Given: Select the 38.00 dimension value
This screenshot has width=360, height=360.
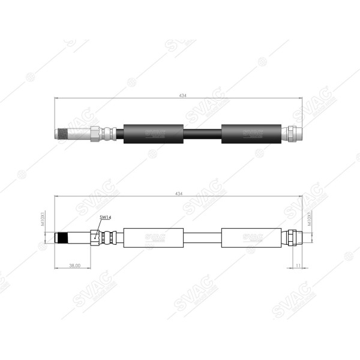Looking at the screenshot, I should pyautogui.click(x=74, y=264).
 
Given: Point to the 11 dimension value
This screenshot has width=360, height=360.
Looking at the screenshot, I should pyautogui.click(x=298, y=264).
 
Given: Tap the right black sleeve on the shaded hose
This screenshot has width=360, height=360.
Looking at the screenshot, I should pyautogui.click(x=251, y=133).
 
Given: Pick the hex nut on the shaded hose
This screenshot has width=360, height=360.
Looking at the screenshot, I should pyautogui.click(x=95, y=133).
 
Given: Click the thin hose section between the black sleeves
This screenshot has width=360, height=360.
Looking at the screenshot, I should pyautogui.click(x=202, y=133).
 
